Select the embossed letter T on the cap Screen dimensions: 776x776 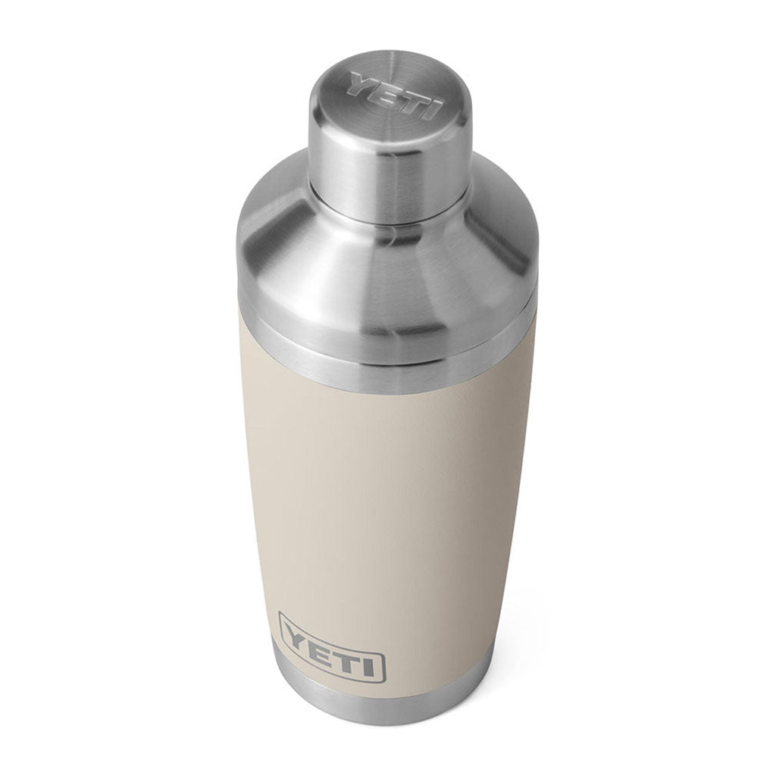pos(408,101)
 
